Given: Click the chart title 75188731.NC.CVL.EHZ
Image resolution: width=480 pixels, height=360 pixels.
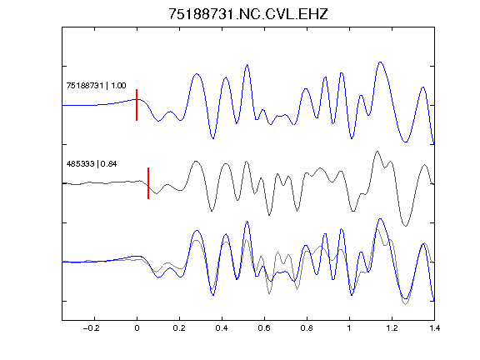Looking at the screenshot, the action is pyautogui.click(x=248, y=14).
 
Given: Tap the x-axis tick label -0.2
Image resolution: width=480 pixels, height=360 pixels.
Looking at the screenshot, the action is pyautogui.click(x=91, y=328).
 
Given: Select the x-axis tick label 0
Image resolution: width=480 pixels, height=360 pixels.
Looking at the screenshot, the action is pyautogui.click(x=137, y=328).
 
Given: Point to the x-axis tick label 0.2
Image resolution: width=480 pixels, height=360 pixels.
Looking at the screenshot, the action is pyautogui.click(x=179, y=328).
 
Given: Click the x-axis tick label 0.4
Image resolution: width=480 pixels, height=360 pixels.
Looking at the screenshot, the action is pyautogui.click(x=222, y=328).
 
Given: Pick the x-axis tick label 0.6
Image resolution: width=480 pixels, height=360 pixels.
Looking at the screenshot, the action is pyautogui.click(x=264, y=328).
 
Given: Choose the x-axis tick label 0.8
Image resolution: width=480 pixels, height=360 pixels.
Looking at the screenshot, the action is pyautogui.click(x=307, y=328).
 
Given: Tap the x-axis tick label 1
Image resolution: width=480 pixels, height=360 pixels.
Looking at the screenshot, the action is pyautogui.click(x=349, y=328).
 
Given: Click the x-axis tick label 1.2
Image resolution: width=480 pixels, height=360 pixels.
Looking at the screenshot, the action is pyautogui.click(x=392, y=328).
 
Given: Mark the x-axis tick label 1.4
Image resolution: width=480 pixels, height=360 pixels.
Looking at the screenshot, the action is pyautogui.click(x=434, y=328).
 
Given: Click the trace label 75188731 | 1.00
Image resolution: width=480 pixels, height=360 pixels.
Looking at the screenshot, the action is pyautogui.click(x=96, y=85).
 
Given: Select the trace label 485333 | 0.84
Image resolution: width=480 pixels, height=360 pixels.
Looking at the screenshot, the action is pyautogui.click(x=92, y=164).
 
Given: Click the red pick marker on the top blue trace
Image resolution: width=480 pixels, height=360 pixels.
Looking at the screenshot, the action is pyautogui.click(x=137, y=105).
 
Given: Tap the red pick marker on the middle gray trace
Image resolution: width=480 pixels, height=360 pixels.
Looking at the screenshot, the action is pyautogui.click(x=148, y=183).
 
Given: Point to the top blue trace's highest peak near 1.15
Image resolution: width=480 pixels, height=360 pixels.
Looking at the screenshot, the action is pyautogui.click(x=380, y=62).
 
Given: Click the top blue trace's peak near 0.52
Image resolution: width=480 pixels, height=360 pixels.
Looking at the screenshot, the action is pyautogui.click(x=247, y=65).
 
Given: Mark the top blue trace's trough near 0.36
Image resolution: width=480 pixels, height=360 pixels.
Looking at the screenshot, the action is pyautogui.click(x=213, y=138).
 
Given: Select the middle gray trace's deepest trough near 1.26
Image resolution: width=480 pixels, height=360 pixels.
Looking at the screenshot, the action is pyautogui.click(x=406, y=226).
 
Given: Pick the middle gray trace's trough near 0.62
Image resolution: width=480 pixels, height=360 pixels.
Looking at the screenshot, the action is pyautogui.click(x=269, y=215).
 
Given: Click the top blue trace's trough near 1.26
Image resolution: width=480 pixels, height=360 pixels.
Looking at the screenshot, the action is pyautogui.click(x=406, y=142).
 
